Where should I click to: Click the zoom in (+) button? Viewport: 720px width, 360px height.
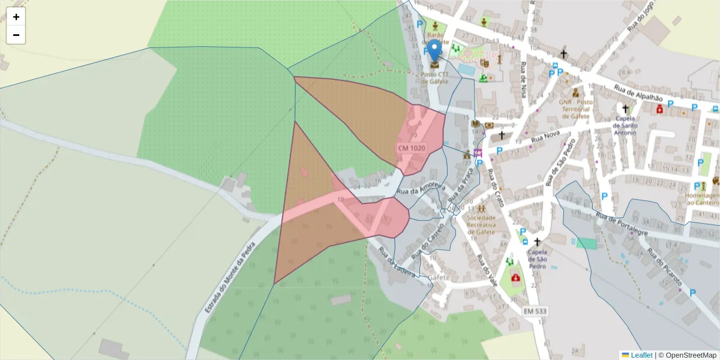pyautogui.click(x=16, y=17)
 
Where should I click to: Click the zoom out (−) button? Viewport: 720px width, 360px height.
pyautogui.click(x=16, y=35)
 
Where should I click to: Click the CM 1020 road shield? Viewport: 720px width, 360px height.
pyautogui.click(x=411, y=148)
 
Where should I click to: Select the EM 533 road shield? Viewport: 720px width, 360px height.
pyautogui.click(x=535, y=311)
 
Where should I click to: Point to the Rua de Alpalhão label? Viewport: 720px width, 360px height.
pyautogui.click(x=638, y=92)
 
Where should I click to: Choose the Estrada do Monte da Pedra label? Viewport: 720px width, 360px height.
pyautogui.click(x=230, y=277)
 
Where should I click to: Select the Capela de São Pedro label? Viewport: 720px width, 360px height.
pyautogui.click(x=537, y=257)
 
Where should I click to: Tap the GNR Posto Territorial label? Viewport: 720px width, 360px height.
pyautogui.click(x=575, y=109)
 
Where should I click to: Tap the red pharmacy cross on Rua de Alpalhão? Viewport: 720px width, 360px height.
pyautogui.click(x=660, y=109)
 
